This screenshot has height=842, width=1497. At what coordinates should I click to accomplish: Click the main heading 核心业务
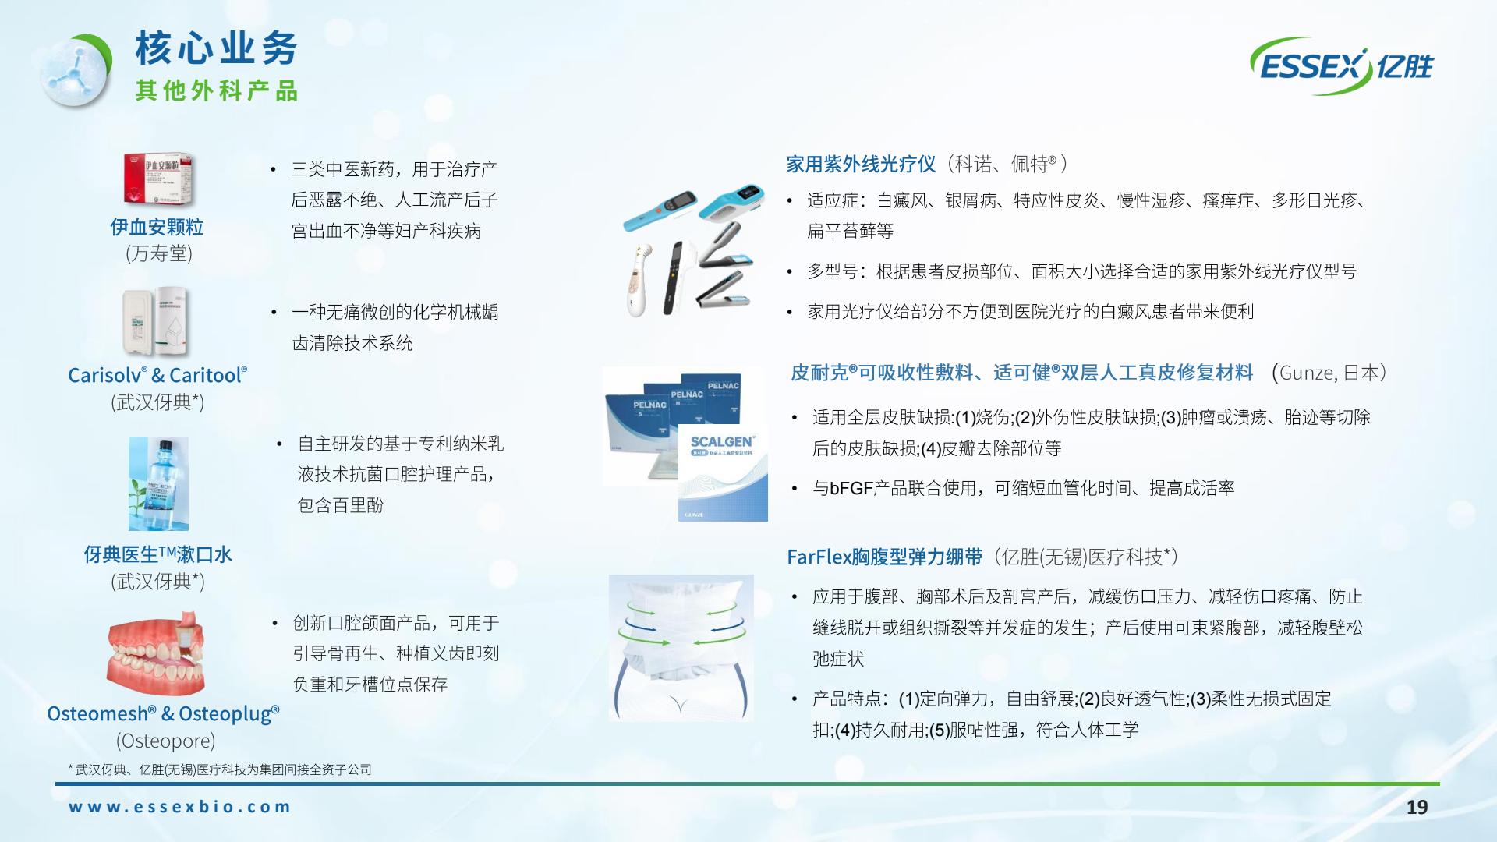(217, 48)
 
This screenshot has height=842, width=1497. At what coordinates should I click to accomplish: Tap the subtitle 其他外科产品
(217, 90)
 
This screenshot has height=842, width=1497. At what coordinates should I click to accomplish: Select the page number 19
(1417, 807)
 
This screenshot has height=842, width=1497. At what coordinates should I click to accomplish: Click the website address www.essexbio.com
(179, 807)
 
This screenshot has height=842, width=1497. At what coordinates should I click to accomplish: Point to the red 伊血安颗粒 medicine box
(158, 179)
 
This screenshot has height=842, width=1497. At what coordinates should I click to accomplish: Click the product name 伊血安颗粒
(157, 227)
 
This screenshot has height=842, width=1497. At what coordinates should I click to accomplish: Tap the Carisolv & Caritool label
(157, 375)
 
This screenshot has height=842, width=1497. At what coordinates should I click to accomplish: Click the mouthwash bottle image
(158, 483)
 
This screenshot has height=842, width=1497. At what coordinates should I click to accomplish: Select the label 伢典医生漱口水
(158, 554)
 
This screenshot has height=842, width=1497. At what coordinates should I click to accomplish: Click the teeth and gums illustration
(155, 653)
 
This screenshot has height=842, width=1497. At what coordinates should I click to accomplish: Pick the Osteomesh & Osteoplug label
(163, 713)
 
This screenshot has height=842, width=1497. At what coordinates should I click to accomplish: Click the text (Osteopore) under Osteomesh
(165, 741)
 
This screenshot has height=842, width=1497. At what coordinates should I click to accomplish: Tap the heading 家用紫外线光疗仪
(861, 164)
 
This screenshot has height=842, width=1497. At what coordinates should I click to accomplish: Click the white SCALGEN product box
(723, 472)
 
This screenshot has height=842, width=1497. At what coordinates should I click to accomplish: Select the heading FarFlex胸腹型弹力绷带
(885, 557)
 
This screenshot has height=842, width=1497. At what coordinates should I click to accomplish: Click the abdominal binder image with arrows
(681, 648)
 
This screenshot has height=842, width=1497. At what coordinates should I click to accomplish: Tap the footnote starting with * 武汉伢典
(220, 769)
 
